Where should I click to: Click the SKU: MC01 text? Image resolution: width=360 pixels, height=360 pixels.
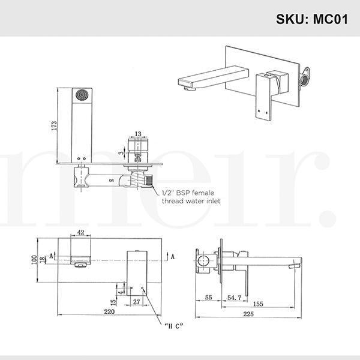click(311, 18)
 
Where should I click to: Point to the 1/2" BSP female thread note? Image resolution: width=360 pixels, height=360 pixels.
click(191, 197)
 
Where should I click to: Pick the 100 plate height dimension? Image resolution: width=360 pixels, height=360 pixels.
click(35, 259)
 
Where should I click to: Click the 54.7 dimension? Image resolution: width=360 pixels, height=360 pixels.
click(235, 297)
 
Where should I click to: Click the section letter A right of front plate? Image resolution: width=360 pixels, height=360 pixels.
click(173, 256)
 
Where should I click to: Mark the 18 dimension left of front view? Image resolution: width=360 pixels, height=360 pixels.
click(42, 259)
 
